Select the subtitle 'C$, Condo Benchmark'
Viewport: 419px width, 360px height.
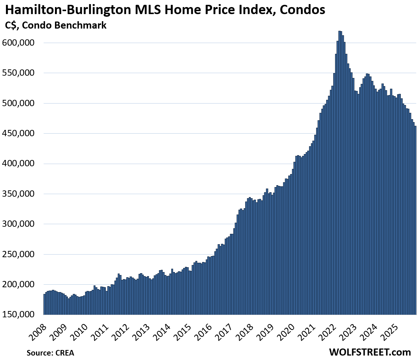(x=56, y=26)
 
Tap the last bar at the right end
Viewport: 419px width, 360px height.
(x=415, y=223)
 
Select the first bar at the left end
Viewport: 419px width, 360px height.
(x=44, y=304)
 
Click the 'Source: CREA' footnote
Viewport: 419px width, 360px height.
(x=50, y=353)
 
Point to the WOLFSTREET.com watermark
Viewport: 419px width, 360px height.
(x=370, y=352)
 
